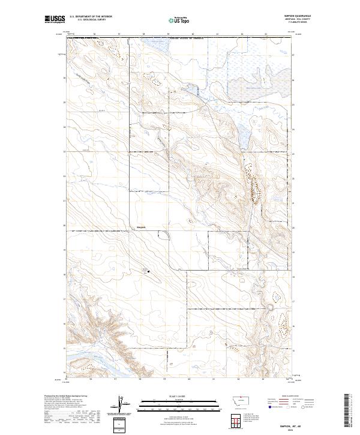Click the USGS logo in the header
tap(55, 20)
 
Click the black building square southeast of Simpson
tap(149, 272)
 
